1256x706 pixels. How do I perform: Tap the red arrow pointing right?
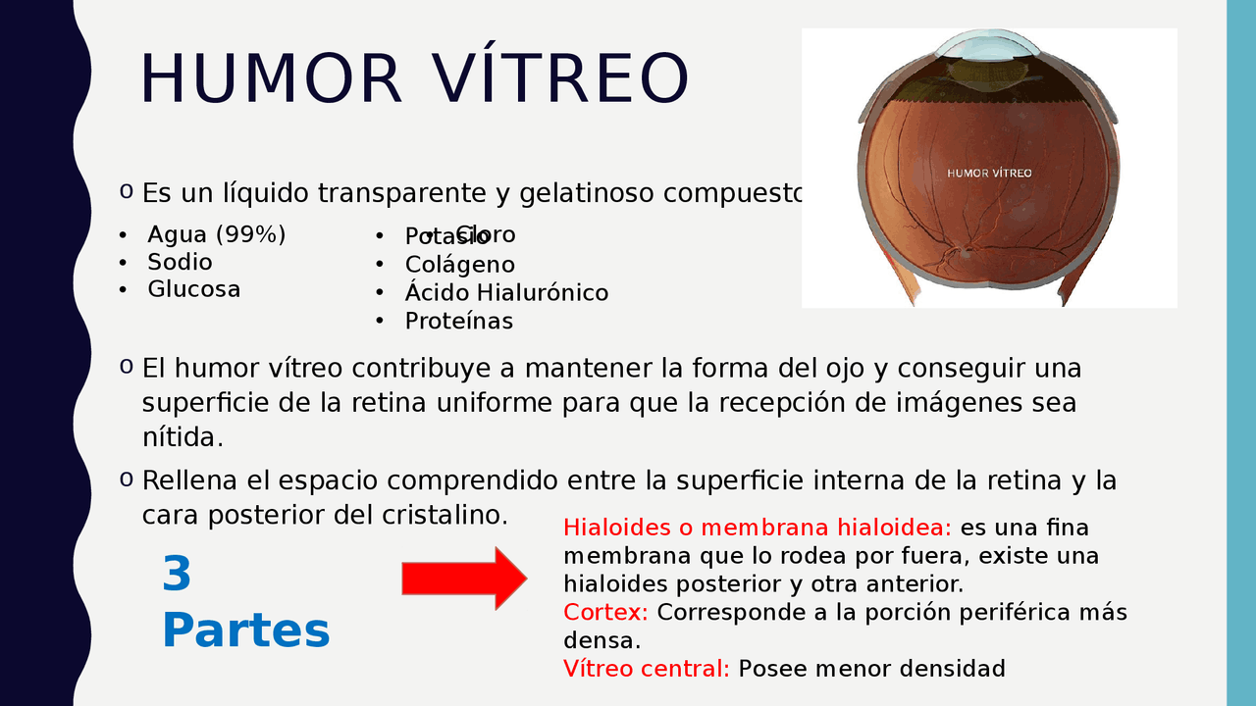click(464, 579)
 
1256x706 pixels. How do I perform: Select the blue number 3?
click(177, 575)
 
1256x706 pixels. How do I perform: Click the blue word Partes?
click(245, 630)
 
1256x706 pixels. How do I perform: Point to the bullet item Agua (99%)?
click(216, 235)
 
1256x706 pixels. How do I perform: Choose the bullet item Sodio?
click(180, 263)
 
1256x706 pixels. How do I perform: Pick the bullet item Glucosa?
click(193, 290)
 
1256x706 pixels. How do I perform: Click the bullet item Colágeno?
click(459, 265)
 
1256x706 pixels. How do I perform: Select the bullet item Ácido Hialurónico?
click(506, 293)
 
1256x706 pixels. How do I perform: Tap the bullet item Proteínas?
click(458, 322)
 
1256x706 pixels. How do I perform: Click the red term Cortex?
click(605, 613)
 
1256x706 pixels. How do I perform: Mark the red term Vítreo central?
click(646, 670)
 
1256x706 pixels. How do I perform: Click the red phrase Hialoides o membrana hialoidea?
click(757, 529)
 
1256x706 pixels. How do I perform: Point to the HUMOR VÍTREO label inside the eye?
click(989, 174)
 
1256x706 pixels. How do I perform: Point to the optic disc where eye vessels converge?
click(965, 251)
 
